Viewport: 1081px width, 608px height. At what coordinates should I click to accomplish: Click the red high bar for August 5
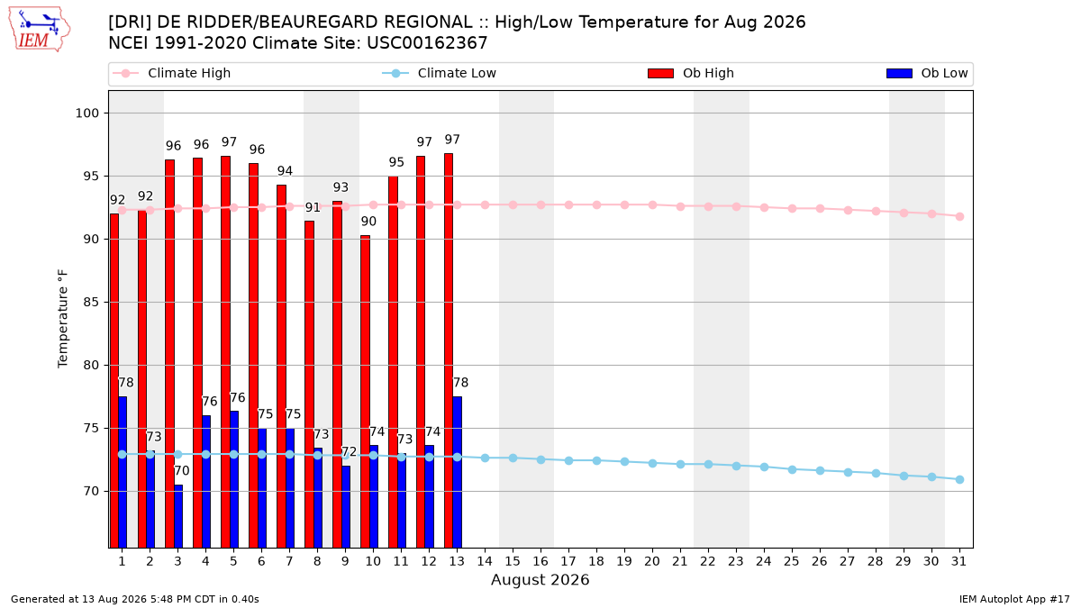click(x=226, y=352)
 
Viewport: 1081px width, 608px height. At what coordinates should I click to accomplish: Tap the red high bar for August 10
click(x=366, y=391)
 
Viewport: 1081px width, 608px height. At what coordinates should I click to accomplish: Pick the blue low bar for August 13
click(x=457, y=472)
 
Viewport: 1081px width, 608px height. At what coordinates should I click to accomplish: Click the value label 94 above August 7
click(x=285, y=171)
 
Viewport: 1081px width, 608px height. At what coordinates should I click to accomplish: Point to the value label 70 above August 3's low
click(x=181, y=470)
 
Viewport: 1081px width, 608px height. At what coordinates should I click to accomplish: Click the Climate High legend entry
click(x=172, y=73)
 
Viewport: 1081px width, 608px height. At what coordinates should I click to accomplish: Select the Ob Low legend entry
click(x=927, y=73)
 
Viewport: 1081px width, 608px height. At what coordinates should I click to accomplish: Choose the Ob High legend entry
click(x=691, y=73)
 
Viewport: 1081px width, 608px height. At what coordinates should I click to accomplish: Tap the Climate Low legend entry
click(x=440, y=73)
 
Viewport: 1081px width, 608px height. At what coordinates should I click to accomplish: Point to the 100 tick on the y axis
click(x=86, y=113)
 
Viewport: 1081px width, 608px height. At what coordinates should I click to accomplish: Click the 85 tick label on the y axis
click(x=91, y=303)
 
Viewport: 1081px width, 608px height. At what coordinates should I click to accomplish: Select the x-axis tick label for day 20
click(x=652, y=561)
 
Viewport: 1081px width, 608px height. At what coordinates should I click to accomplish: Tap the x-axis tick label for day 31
click(x=959, y=561)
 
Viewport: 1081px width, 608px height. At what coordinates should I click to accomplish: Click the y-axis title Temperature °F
click(x=63, y=319)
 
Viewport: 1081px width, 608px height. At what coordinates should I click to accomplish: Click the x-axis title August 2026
click(x=540, y=579)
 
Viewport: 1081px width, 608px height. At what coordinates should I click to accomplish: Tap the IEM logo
click(x=40, y=30)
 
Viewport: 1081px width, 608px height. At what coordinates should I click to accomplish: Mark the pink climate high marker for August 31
click(x=960, y=217)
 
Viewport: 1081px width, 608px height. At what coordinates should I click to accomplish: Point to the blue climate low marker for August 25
click(x=792, y=469)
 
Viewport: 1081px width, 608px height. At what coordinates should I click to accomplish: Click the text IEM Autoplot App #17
click(x=1014, y=599)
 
